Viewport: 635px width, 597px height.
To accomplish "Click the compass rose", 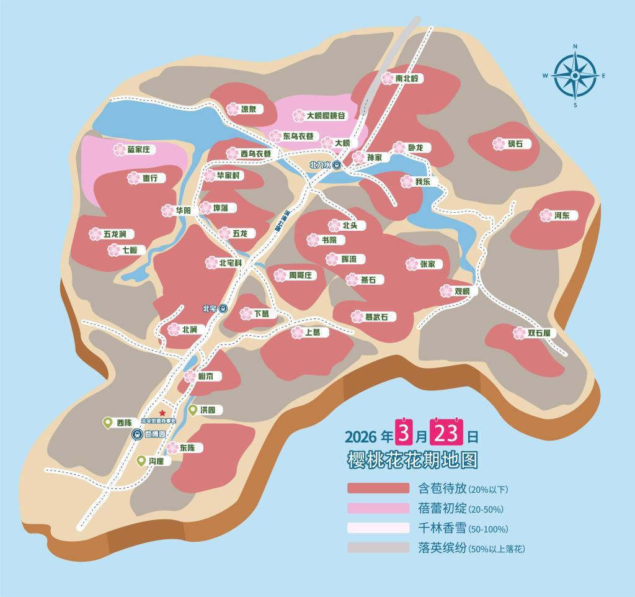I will pos(575,76).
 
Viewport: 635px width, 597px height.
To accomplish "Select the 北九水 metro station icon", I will pos(336,165).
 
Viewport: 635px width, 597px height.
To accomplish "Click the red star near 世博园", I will pos(162,413).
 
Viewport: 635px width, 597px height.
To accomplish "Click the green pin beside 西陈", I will pos(107,423).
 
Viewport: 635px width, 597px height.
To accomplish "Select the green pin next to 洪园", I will pos(192,410).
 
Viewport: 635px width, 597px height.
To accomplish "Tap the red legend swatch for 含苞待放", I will pos(378,488).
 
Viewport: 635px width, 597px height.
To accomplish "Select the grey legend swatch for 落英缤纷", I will pos(378,548).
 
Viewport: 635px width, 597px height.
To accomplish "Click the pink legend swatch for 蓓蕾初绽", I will pos(378,508).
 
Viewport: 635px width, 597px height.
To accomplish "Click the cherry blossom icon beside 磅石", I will pos(499,144).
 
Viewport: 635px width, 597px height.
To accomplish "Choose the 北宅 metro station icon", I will pos(223,308).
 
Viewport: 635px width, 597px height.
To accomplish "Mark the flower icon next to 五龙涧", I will pos(95,234).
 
